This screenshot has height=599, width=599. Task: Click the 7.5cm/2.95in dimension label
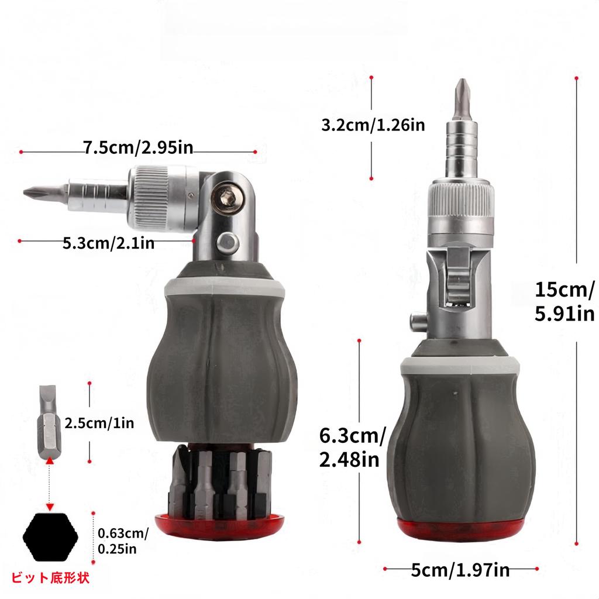[138, 147]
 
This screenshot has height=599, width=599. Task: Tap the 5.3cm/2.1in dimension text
[108, 243]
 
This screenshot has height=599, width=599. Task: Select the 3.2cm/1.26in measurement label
[373, 125]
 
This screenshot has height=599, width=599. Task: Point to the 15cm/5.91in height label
[564, 301]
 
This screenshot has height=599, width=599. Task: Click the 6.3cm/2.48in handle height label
[352, 447]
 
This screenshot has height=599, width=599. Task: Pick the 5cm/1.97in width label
[460, 570]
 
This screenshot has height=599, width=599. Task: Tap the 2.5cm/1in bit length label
[99, 424]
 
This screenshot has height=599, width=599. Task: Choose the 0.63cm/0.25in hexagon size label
[123, 541]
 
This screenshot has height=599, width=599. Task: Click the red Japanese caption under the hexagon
[50, 577]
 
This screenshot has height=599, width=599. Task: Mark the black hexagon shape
[50, 537]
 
